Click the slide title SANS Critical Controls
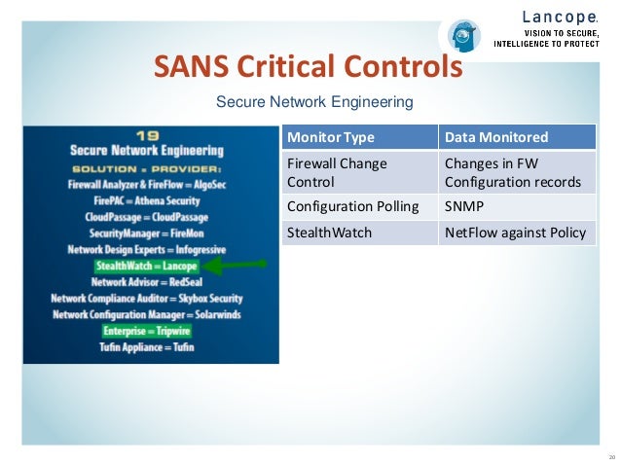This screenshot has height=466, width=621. [308, 68]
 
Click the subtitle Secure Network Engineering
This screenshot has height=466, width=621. [314, 101]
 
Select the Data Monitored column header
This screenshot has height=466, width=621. [496, 137]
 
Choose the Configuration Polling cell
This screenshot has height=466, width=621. [352, 207]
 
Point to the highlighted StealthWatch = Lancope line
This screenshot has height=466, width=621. [146, 265]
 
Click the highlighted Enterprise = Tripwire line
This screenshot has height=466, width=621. [147, 331]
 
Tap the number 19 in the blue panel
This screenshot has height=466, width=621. [147, 135]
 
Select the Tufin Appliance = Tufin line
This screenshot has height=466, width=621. [147, 347]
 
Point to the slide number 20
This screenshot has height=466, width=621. [611, 456]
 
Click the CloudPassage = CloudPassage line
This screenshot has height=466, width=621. [147, 215]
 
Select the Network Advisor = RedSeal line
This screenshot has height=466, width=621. [147, 281]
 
